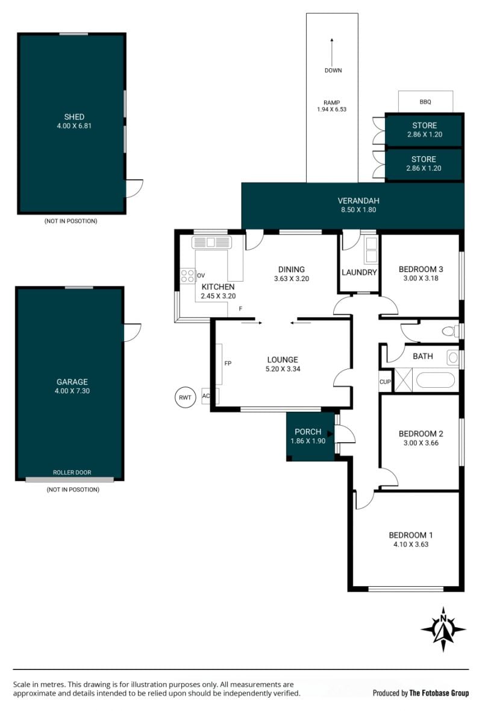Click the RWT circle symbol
tap(186, 397)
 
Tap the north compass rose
tap(443, 630)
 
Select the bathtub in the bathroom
tap(436, 380)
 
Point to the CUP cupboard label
tap(385, 382)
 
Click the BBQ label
tap(425, 102)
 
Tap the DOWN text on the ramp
tap(333, 71)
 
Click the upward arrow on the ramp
tap(332, 52)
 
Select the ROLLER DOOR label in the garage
tap(72, 472)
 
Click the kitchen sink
tap(212, 242)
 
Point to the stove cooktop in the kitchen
tap(188, 276)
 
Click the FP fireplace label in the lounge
tap(228, 363)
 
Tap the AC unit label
tap(206, 396)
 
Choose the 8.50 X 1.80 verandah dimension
tap(358, 209)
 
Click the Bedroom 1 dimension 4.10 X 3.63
tap(411, 544)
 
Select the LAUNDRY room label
tap(359, 272)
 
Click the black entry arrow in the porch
tap(330, 434)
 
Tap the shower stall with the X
tap(403, 379)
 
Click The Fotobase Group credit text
tap(439, 693)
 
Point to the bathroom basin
tap(453, 358)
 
